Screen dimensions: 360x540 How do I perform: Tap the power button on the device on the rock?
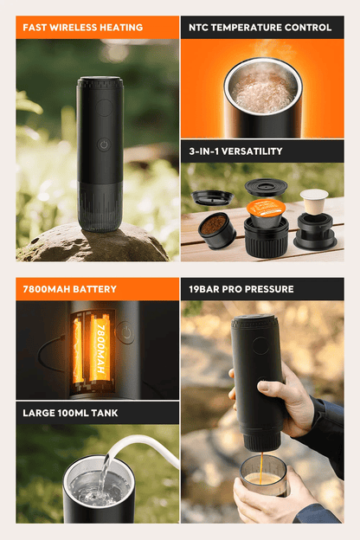pyautogui.click(x=104, y=145)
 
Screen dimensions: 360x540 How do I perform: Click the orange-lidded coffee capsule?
pyautogui.click(x=266, y=212)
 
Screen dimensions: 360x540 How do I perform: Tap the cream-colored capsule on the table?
pyautogui.click(x=314, y=202)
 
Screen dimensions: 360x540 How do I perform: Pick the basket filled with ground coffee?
pyautogui.click(x=216, y=230)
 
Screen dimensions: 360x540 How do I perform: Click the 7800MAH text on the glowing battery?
pyautogui.click(x=100, y=349)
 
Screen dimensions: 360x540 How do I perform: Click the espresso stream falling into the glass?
pyautogui.click(x=261, y=467)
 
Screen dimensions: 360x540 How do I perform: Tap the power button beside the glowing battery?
pyautogui.click(x=126, y=332)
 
